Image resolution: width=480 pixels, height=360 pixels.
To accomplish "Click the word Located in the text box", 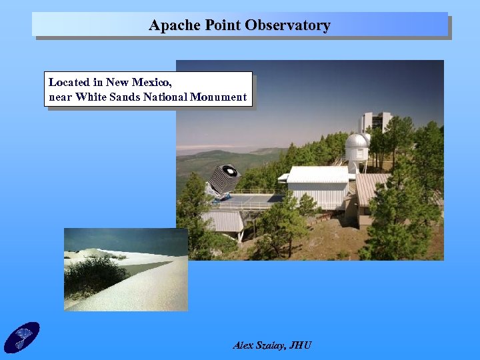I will coord(69,83).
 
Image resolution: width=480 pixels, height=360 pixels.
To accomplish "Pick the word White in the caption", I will coord(93,97).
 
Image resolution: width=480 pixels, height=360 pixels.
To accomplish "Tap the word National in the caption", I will coord(167,97).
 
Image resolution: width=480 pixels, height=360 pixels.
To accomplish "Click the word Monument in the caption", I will coord(219,97).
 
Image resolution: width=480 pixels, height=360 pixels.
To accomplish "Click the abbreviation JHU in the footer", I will coord(300,345).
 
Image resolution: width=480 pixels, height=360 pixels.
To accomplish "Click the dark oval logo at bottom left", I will coord(22,337).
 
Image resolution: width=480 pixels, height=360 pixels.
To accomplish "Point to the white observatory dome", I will coord(357,142).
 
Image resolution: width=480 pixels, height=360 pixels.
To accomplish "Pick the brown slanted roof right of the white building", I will coord(369,187).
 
